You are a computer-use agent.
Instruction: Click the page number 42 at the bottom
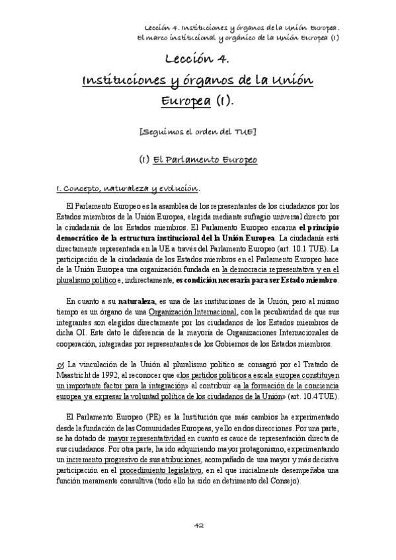click(198, 526)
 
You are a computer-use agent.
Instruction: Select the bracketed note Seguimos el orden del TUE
click(198, 132)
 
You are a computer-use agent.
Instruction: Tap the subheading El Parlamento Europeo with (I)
click(198, 160)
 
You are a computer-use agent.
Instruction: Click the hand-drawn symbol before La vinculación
click(61, 363)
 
